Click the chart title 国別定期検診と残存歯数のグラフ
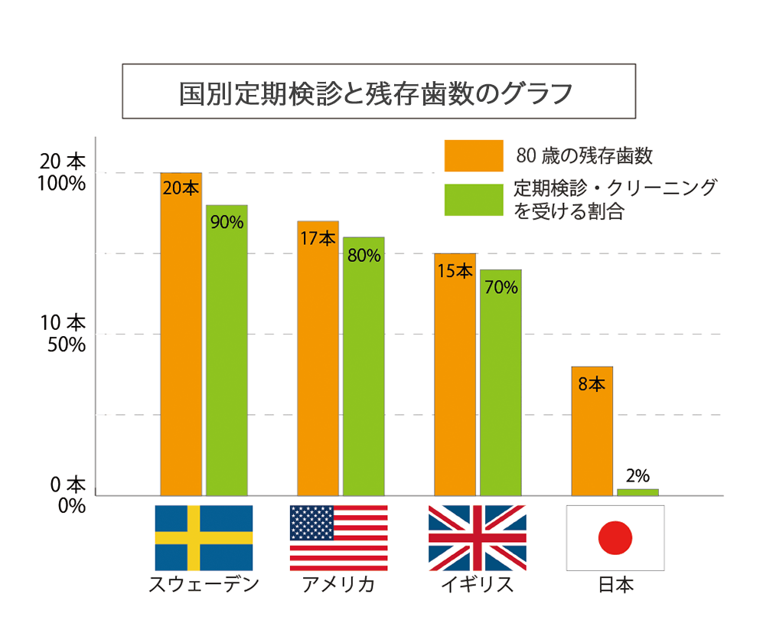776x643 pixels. click(379, 91)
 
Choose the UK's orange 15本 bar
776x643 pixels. click(455, 374)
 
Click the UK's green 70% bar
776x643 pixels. click(500, 382)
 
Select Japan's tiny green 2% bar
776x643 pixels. click(637, 492)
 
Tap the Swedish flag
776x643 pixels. click(204, 537)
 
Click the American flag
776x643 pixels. click(338, 537)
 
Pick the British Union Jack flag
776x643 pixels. click(477, 537)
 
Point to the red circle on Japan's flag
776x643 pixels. click(615, 538)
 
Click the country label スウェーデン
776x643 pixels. click(204, 586)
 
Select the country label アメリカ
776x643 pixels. click(338, 586)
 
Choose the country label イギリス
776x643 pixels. click(477, 586)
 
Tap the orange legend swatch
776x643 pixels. click(473, 155)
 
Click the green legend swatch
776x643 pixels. click(473, 200)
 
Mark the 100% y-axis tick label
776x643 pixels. click(63, 184)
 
